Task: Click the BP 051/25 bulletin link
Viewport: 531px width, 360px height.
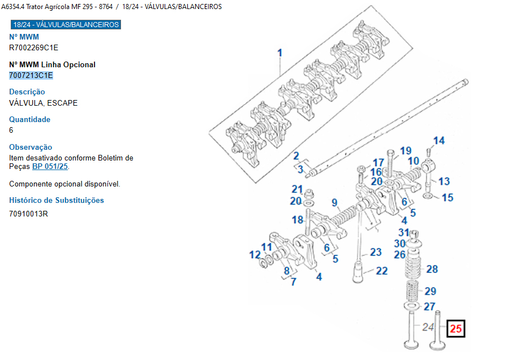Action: coord(50,167)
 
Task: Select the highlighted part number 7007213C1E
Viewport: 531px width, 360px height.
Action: coord(31,75)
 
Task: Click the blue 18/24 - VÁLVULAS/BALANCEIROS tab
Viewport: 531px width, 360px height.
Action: coord(66,25)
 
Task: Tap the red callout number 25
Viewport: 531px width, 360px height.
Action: coord(456,328)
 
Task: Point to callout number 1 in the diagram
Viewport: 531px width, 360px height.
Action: coord(279,53)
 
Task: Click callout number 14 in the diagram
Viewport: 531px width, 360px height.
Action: coord(439,141)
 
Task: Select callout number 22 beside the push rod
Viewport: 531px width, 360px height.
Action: coord(382,271)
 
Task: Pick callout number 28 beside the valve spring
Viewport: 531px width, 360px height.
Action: coord(432,269)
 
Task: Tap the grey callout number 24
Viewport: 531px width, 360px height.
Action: coord(428,327)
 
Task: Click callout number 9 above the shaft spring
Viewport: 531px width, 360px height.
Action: coord(334,202)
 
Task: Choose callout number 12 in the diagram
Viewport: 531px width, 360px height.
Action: coord(255,254)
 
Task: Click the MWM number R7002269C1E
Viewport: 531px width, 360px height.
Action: coord(33,47)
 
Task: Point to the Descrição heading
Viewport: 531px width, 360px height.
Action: coord(27,92)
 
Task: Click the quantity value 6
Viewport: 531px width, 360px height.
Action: coord(11,130)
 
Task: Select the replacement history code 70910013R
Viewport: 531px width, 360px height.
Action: coord(28,214)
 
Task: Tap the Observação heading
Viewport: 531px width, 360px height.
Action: coord(31,147)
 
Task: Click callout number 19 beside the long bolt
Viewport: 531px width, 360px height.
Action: coord(405,151)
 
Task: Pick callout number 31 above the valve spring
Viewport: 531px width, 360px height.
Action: coord(403,232)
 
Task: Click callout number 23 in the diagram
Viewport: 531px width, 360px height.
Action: coord(375,252)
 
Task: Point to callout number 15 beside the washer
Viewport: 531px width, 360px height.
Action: coord(447,198)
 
